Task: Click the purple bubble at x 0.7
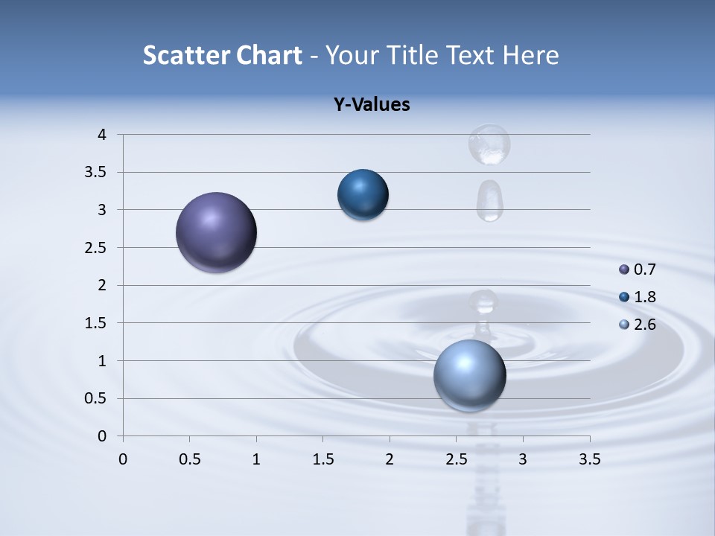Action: tap(216, 232)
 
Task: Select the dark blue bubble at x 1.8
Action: tap(363, 195)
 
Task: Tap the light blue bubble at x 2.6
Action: tap(469, 375)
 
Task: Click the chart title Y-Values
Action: tap(372, 104)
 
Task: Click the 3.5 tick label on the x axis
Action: tap(589, 459)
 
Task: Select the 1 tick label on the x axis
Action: tap(256, 459)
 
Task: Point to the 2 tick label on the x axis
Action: tap(390, 459)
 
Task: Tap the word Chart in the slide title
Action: tap(270, 54)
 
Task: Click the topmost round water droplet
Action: tap(489, 144)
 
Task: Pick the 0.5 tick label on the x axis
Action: tap(189, 459)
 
